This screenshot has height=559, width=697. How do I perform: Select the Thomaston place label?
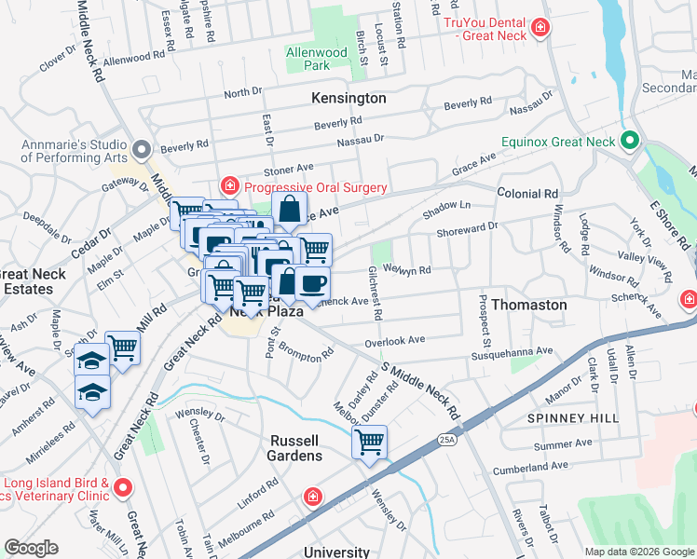pyautogui.click(x=528, y=305)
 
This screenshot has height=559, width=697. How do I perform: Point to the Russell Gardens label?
pyautogui.click(x=295, y=447)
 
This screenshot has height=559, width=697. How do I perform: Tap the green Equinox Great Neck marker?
pyautogui.click(x=630, y=142)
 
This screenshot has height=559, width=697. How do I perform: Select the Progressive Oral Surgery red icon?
pyautogui.click(x=228, y=188)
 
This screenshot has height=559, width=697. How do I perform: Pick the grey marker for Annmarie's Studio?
pyautogui.click(x=142, y=149)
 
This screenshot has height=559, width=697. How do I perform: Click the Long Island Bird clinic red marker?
pyautogui.click(x=124, y=487)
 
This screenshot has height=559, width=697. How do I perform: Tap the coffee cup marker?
pyautogui.click(x=312, y=283)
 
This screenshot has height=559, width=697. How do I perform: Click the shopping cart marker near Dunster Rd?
pyautogui.click(x=370, y=442)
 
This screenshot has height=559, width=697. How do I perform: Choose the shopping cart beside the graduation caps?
pyautogui.click(x=122, y=349)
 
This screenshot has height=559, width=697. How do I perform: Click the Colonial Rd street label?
pyautogui.click(x=527, y=194)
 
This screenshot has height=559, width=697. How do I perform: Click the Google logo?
pyautogui.click(x=31, y=548)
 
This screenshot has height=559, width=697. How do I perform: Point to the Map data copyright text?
pyautogui.click(x=638, y=552)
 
